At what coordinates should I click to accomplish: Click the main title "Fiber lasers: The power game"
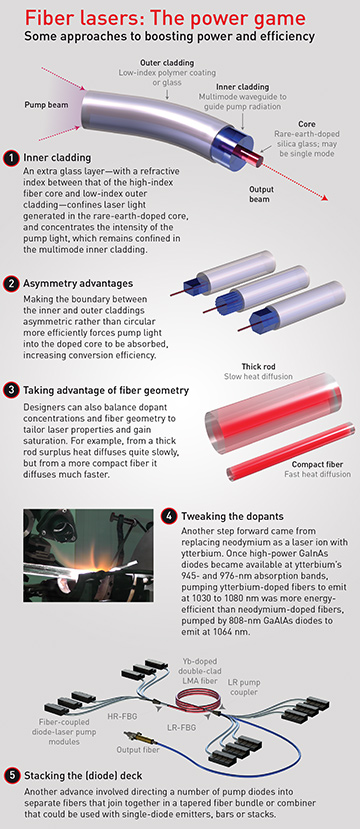(165, 19)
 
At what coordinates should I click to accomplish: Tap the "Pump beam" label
(47, 105)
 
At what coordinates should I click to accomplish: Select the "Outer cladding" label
(167, 62)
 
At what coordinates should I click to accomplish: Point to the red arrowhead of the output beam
(324, 198)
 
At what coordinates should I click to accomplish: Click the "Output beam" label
(259, 193)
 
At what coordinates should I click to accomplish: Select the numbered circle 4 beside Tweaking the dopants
(169, 516)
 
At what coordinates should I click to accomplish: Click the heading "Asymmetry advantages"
(78, 284)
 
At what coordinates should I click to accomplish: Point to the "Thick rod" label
(259, 366)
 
